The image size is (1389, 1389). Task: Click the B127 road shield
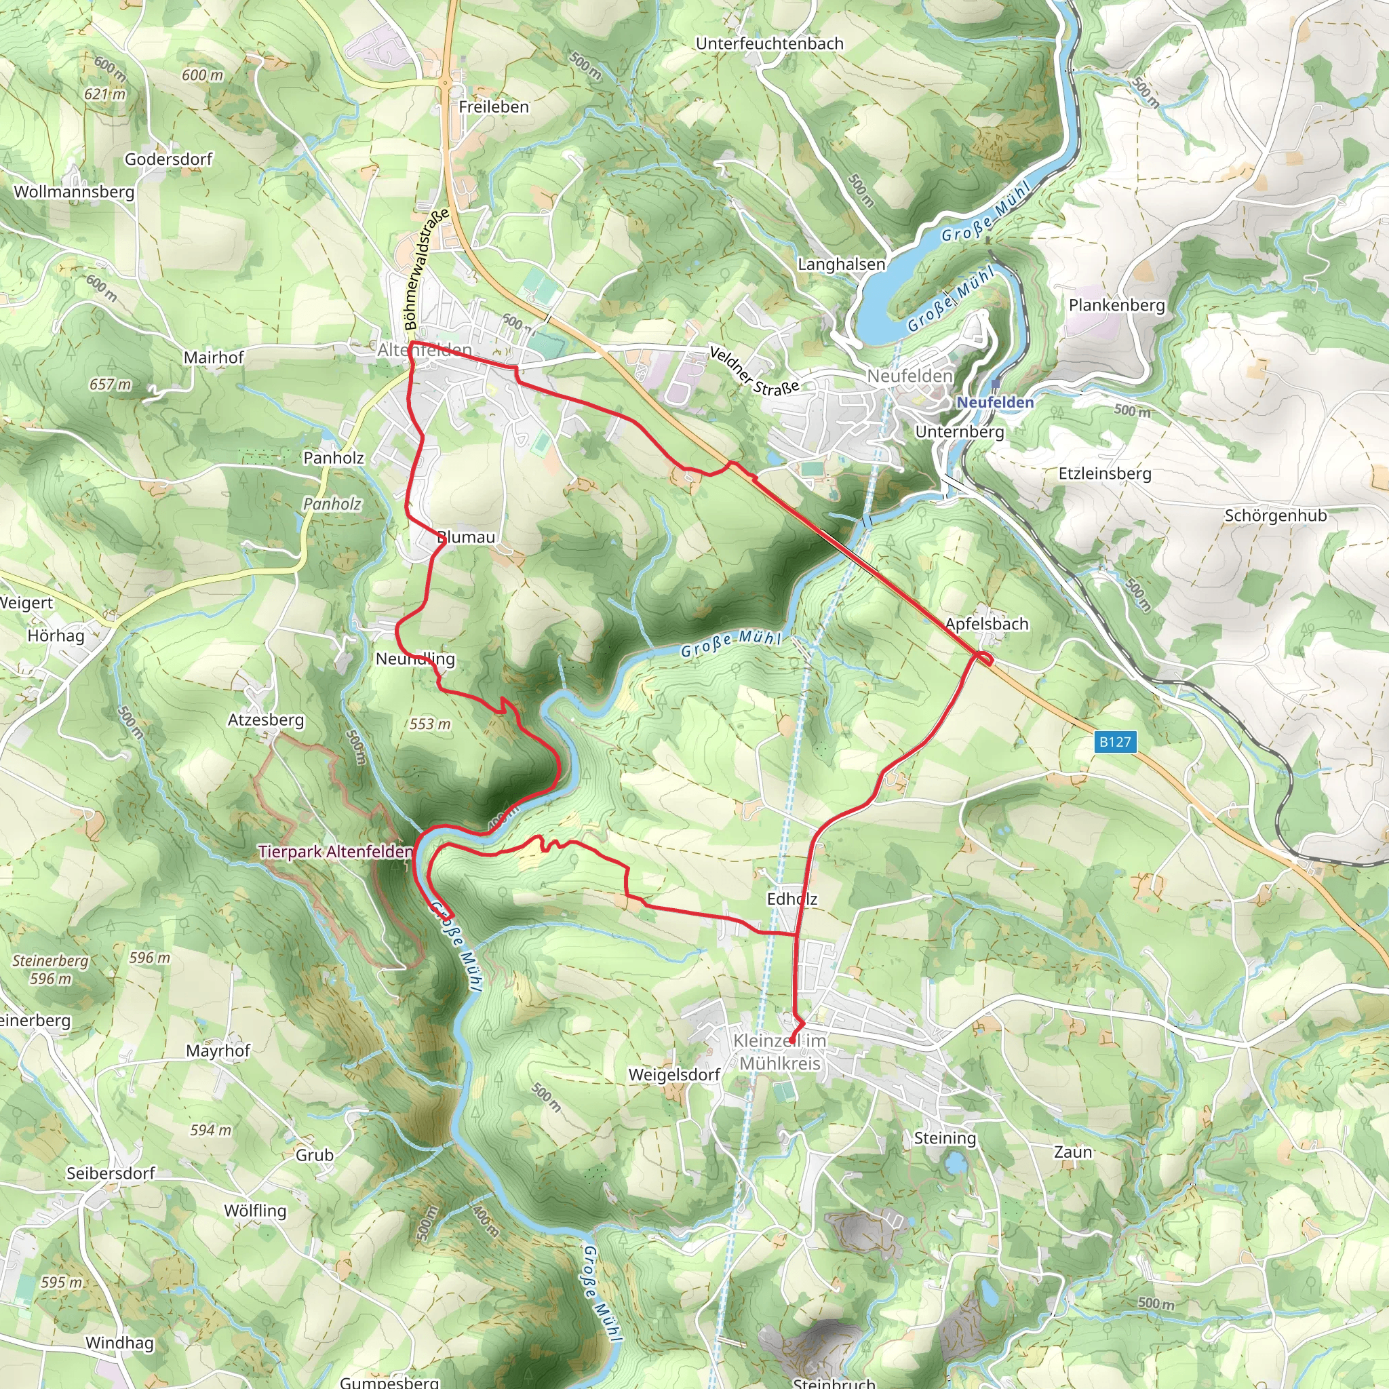(1115, 742)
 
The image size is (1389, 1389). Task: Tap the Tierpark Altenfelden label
(335, 852)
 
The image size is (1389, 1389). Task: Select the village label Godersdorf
(169, 159)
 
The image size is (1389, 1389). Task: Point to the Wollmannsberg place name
(74, 192)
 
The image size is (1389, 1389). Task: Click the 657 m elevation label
(111, 385)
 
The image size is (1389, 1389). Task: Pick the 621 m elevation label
(105, 94)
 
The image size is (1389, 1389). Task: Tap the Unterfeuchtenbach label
(769, 44)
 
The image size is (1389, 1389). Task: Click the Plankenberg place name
(1116, 305)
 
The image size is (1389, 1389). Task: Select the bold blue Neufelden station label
(995, 403)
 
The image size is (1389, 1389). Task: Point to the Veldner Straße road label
(754, 371)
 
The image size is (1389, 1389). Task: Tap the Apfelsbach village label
(986, 624)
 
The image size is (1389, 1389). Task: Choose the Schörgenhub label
(1276, 515)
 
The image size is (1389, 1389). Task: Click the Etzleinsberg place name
(1105, 474)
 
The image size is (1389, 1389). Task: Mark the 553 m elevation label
(430, 724)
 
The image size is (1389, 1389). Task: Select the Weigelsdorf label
(674, 1075)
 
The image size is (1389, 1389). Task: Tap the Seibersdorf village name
(111, 1173)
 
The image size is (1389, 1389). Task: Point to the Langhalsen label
(841, 265)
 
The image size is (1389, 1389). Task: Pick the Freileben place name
(494, 107)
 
